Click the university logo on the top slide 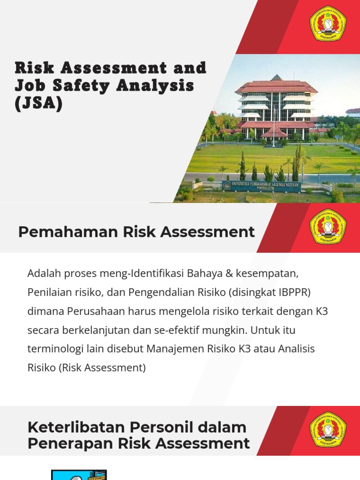click(328, 23)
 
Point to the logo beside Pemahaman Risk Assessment click(328, 226)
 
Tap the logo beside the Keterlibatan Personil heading click(328, 429)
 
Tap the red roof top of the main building click(277, 85)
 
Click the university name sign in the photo click(262, 185)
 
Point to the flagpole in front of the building click(274, 127)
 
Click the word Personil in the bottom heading click(151, 427)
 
